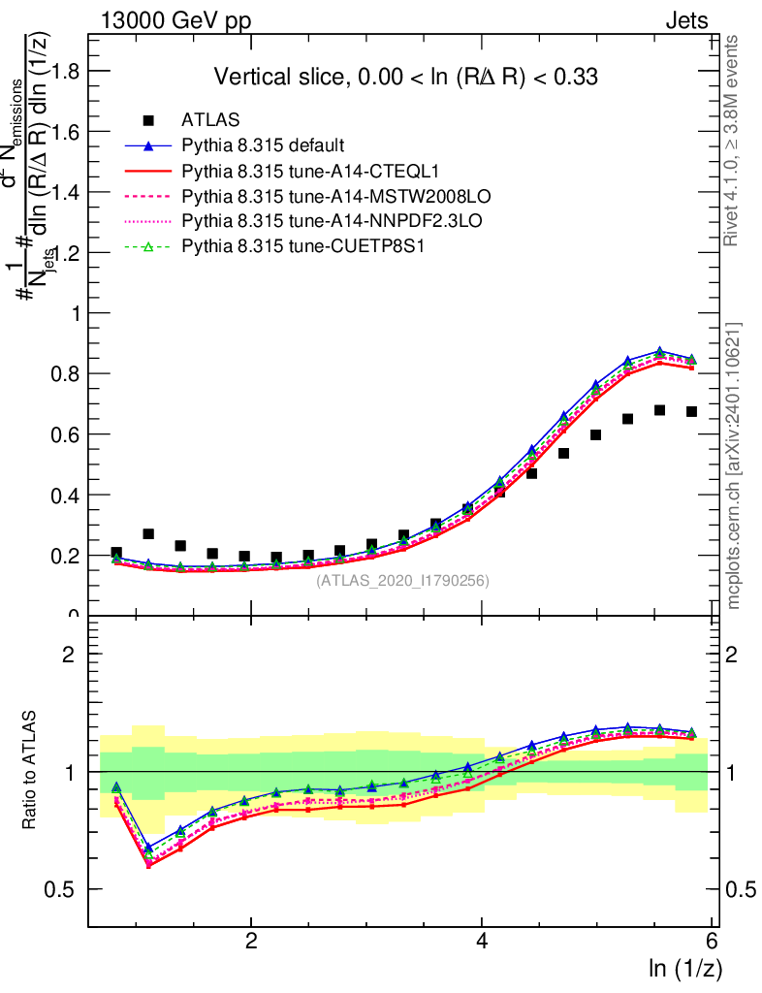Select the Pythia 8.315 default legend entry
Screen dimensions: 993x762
click(263, 145)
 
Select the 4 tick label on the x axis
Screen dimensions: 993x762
click(482, 942)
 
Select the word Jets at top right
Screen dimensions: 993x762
click(686, 20)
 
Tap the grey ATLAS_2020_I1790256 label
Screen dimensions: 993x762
click(402, 581)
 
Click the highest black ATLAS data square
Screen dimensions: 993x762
click(660, 410)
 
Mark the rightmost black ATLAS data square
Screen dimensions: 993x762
click(692, 412)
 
